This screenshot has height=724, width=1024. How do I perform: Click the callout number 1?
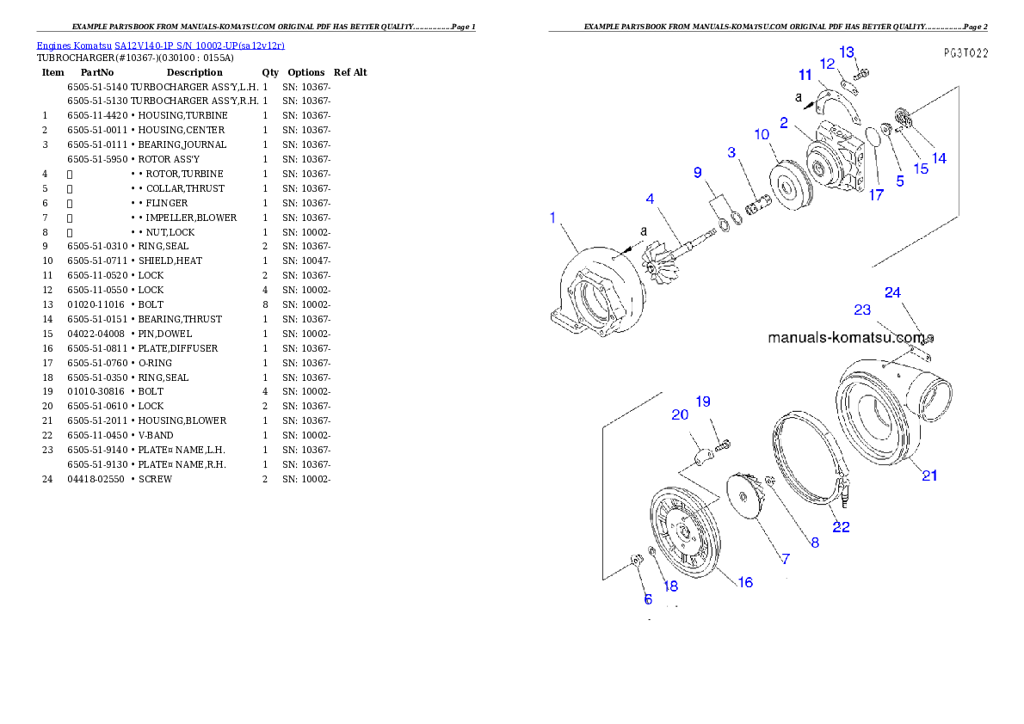(x=552, y=218)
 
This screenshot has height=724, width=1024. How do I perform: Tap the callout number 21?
(x=929, y=476)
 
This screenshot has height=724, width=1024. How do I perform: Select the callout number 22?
(x=841, y=527)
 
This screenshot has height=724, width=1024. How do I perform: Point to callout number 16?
(x=745, y=582)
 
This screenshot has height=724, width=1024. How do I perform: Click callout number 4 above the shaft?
(x=651, y=199)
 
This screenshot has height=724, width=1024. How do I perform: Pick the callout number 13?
(x=847, y=52)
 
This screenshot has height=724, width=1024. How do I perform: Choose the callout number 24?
(x=892, y=292)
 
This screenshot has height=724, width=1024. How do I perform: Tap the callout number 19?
(x=703, y=401)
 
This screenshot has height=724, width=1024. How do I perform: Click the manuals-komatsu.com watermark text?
(x=847, y=338)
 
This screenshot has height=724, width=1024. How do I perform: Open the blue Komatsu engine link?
(x=160, y=45)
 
